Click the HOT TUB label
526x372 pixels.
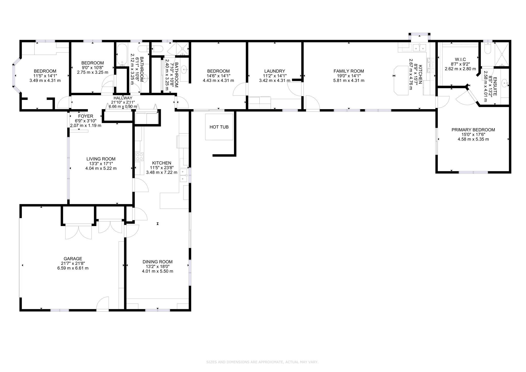[x=219, y=127]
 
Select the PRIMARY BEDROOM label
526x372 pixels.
[x=473, y=130]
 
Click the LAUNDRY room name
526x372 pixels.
[x=275, y=71]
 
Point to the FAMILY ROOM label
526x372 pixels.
[x=349, y=71]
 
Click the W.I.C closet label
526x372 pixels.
[x=460, y=60]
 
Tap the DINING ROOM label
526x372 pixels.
[x=157, y=262]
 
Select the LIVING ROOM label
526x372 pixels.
[x=101, y=159]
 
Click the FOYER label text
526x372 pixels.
[x=86, y=116]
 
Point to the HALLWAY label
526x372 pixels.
[x=123, y=98]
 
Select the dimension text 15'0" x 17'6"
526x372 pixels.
[x=473, y=134]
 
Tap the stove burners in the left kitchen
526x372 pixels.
[x=139, y=156]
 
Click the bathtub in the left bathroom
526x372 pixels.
[x=122, y=55]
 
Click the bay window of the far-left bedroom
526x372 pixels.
[x=15, y=75]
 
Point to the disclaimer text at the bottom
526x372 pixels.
[x=262, y=362]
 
